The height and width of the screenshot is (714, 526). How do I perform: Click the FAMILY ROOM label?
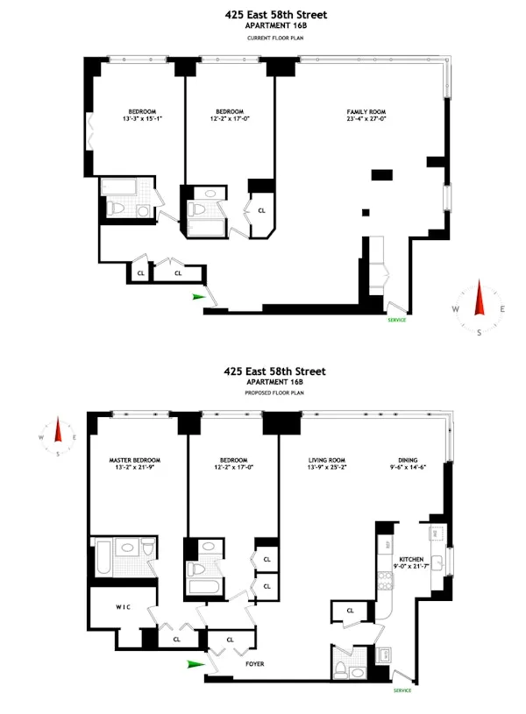(x=366, y=112)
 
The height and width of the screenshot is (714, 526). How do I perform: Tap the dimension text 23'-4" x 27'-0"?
(x=366, y=121)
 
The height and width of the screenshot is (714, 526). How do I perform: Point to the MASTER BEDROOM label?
(x=134, y=460)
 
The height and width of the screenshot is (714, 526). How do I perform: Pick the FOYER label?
(x=254, y=664)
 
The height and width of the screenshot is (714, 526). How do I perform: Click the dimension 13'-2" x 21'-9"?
(x=134, y=469)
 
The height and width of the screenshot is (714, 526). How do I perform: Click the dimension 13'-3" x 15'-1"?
(x=142, y=121)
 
